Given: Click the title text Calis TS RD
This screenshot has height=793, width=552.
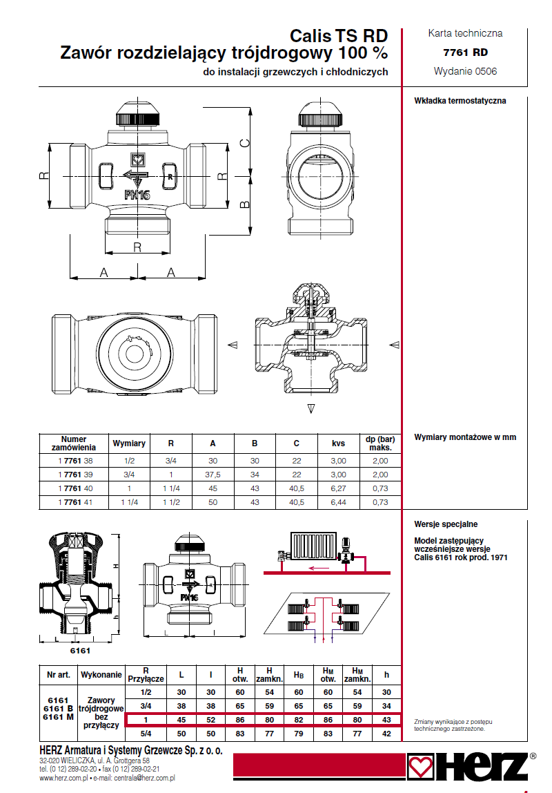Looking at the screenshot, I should coord(338,36).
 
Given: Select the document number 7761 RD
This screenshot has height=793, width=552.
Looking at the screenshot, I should coord(465,52).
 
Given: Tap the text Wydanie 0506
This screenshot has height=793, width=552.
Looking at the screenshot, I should coord(465,71).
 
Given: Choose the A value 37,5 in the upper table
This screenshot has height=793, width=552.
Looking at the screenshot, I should coord(213,475).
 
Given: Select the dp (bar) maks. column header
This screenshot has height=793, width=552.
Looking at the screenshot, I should coord(380,443).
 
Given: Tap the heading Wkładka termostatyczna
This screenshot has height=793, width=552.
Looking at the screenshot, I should coord(460,101).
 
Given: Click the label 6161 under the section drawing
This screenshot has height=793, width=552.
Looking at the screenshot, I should coord(81,651).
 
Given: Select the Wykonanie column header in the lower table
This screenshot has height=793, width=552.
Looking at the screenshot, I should coord(101,674).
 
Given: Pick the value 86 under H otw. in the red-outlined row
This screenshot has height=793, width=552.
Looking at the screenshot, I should coord(240,720).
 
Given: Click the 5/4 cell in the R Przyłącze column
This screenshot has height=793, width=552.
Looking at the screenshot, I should coord(146,733).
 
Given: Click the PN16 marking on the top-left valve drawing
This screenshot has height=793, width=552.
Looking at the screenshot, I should coord(137,195).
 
